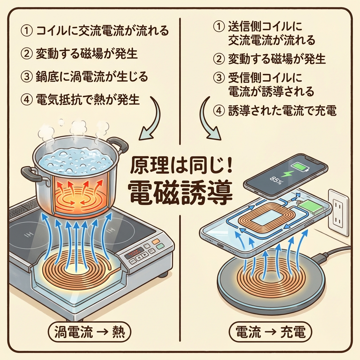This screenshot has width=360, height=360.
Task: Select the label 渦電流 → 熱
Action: (89, 332)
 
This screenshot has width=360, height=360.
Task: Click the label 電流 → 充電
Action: (270, 332)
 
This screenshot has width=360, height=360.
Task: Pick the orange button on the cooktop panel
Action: (156, 241)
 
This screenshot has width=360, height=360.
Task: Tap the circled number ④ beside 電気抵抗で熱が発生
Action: (27, 100)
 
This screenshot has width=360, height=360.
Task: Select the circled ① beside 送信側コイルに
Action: (219, 27)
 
